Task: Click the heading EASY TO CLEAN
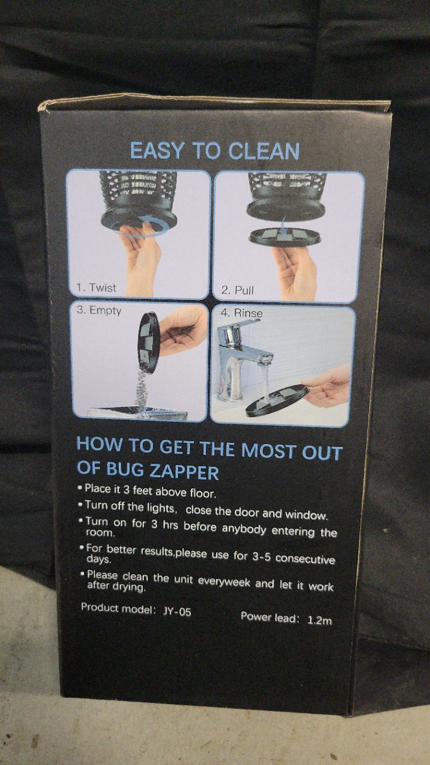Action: [x=214, y=151]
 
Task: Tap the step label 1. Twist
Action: [x=96, y=287]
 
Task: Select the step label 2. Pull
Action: [x=237, y=290]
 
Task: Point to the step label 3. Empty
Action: [x=99, y=310]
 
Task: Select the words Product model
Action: [x=116, y=608]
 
